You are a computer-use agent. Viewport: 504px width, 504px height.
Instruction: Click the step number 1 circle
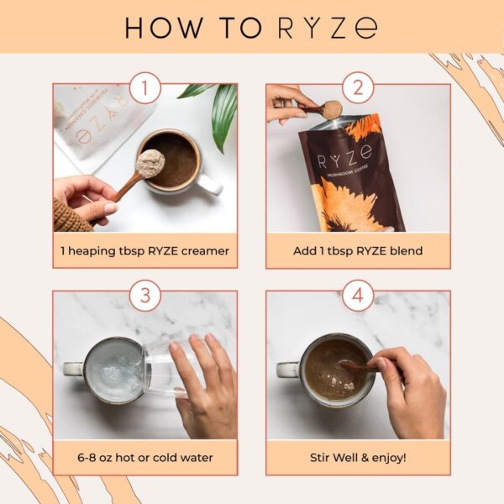click(144, 87)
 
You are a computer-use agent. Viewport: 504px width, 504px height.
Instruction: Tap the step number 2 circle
click(358, 87)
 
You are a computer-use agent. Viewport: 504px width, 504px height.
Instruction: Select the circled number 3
click(144, 295)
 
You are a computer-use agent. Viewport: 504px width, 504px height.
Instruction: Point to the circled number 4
click(358, 295)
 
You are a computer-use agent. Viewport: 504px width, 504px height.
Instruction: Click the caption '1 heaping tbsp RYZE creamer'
click(144, 249)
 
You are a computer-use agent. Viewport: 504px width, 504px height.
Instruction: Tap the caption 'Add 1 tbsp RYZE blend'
click(358, 249)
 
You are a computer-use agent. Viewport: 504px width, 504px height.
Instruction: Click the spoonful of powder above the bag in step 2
click(332, 109)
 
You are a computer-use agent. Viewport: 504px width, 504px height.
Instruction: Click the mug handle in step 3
click(73, 369)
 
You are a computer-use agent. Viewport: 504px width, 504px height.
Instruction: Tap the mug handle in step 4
click(287, 369)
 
